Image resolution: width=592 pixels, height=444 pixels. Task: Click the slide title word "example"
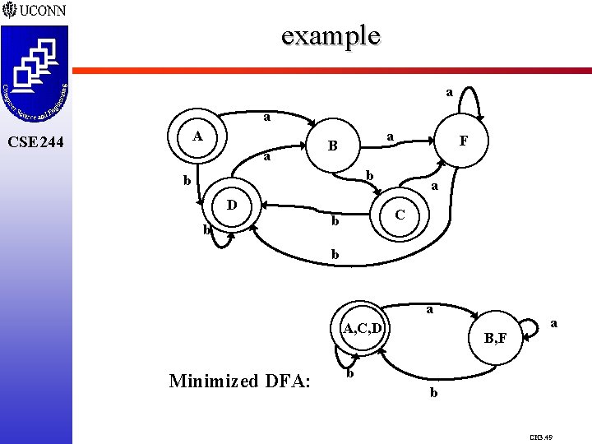point(331,35)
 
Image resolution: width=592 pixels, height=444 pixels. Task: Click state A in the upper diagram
point(197,136)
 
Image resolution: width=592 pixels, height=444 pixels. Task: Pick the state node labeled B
point(332,147)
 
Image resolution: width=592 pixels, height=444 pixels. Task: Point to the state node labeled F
point(463,141)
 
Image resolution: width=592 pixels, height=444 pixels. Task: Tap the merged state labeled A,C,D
point(363,330)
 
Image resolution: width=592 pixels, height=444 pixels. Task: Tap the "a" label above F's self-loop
point(449,92)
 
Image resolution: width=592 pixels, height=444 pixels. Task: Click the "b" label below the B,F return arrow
point(433,394)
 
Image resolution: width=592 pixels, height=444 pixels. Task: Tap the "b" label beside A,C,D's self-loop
point(350,375)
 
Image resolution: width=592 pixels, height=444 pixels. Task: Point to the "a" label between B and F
point(391,135)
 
